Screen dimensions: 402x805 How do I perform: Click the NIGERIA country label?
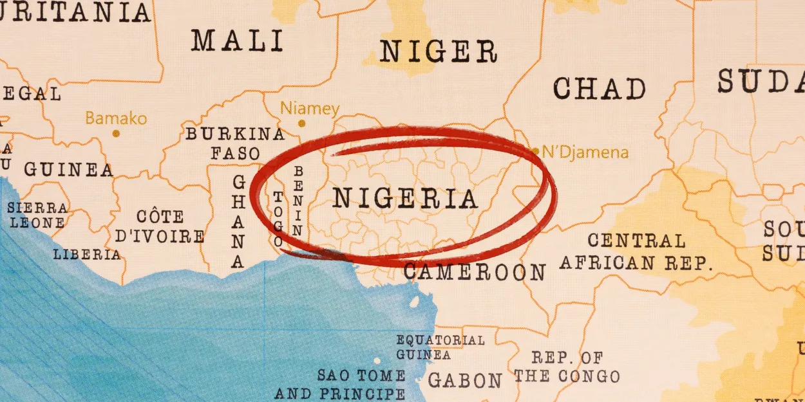point(405,199)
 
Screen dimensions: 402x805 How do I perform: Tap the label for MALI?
point(237,41)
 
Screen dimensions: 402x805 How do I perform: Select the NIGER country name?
point(438,51)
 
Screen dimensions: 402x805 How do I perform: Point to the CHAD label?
point(599,89)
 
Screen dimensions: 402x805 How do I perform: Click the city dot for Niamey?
point(301,123)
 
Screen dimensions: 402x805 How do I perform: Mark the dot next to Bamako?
point(116,134)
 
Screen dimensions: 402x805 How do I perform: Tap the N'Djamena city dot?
point(535,152)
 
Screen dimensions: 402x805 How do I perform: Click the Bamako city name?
point(116,118)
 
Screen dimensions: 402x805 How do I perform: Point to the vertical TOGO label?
point(278,219)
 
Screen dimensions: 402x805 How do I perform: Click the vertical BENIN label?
point(298,201)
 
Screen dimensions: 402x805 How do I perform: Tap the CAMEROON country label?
point(475,272)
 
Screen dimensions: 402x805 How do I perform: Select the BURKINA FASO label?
point(235,143)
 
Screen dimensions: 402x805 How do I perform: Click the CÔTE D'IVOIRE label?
point(160,226)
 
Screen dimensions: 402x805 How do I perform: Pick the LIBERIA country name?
point(86,254)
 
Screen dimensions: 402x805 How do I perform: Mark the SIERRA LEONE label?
point(37,215)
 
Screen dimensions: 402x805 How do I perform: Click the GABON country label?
point(464,380)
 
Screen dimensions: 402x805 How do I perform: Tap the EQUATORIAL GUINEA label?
point(440,347)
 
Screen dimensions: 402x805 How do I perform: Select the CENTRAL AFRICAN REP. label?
point(636,251)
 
